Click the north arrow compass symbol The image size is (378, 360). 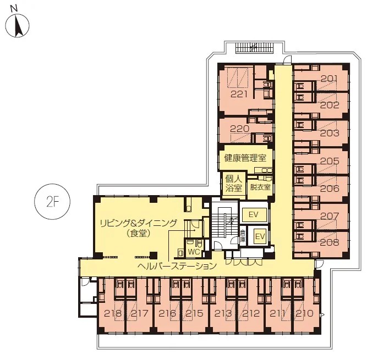pyautogui.click(x=17, y=25)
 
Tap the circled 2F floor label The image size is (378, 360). pyautogui.click(x=53, y=202)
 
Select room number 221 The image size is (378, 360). pyautogui.click(x=239, y=95)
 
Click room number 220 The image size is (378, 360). pyautogui.click(x=239, y=129)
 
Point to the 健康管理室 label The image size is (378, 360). pyautogui.click(x=245, y=158)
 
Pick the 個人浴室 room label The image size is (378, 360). pyautogui.click(x=234, y=183)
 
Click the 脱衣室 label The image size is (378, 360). pyautogui.click(x=260, y=187)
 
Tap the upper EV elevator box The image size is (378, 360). pyautogui.click(x=254, y=214)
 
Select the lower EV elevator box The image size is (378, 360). pyautogui.click(x=260, y=236)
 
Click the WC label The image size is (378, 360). pyautogui.click(x=194, y=252)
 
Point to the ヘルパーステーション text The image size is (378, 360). pyautogui.click(x=177, y=266)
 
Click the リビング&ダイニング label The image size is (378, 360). pyautogui.click(x=139, y=223)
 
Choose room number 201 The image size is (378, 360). pyautogui.click(x=329, y=79)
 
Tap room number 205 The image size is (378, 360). pyautogui.click(x=330, y=161)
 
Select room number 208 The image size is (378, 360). pyautogui.click(x=330, y=242)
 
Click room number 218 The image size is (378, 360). pyautogui.click(x=113, y=313)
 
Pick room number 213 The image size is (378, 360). pyautogui.click(x=223, y=313)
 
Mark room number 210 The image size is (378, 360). pyautogui.click(x=305, y=313)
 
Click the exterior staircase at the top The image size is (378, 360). pyautogui.click(x=255, y=48)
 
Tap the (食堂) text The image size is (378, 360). pyautogui.click(x=139, y=233)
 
